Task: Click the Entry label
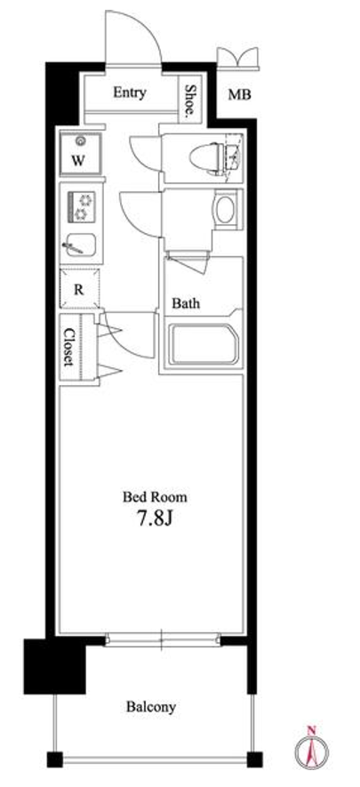click(x=130, y=92)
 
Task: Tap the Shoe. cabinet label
click(x=189, y=100)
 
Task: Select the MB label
click(x=239, y=94)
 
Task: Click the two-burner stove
click(x=81, y=207)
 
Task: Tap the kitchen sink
click(x=80, y=245)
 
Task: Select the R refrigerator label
click(x=79, y=290)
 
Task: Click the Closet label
click(x=68, y=347)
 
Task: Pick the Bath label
click(x=186, y=303)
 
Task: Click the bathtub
click(x=203, y=344)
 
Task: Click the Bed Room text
click(x=155, y=497)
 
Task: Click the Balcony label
click(x=151, y=708)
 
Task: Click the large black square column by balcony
click(x=54, y=667)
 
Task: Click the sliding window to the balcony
click(x=163, y=639)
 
